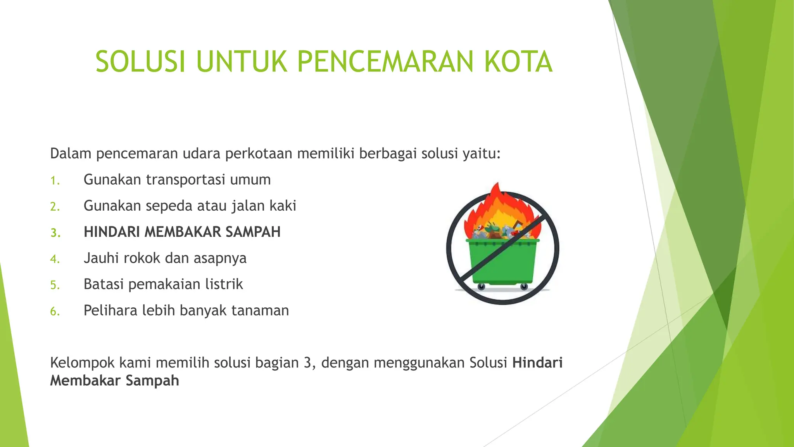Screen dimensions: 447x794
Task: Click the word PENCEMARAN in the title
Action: (x=385, y=62)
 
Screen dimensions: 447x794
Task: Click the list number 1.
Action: (x=55, y=181)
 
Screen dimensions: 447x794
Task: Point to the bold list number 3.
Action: (x=55, y=233)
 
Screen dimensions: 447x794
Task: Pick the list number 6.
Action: (x=55, y=312)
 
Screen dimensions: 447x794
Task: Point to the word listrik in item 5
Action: (x=224, y=284)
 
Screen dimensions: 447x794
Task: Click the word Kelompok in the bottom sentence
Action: (x=82, y=363)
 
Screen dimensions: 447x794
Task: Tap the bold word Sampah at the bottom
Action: (x=152, y=381)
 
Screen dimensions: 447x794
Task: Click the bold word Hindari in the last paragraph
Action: (x=537, y=363)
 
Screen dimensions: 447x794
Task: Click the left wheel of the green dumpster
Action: (x=481, y=287)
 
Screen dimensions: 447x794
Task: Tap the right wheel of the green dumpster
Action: (x=524, y=287)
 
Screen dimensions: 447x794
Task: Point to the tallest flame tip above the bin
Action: (x=497, y=185)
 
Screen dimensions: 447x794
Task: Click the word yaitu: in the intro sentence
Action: (x=482, y=154)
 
